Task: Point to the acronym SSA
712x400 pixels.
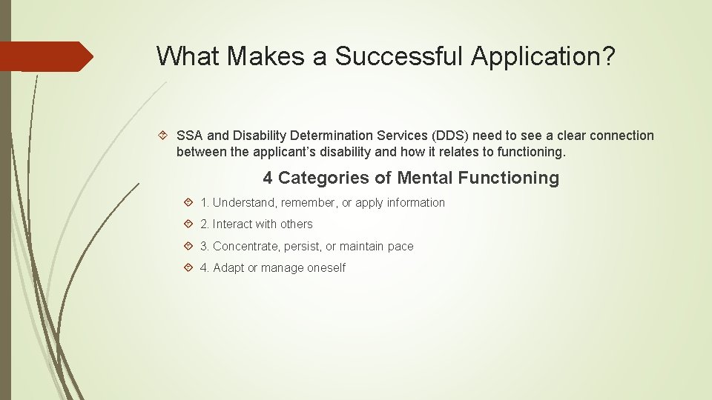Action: tap(190, 136)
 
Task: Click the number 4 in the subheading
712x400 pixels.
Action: tap(268, 178)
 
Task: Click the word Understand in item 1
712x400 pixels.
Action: tap(244, 202)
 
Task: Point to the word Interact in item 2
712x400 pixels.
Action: tap(234, 224)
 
